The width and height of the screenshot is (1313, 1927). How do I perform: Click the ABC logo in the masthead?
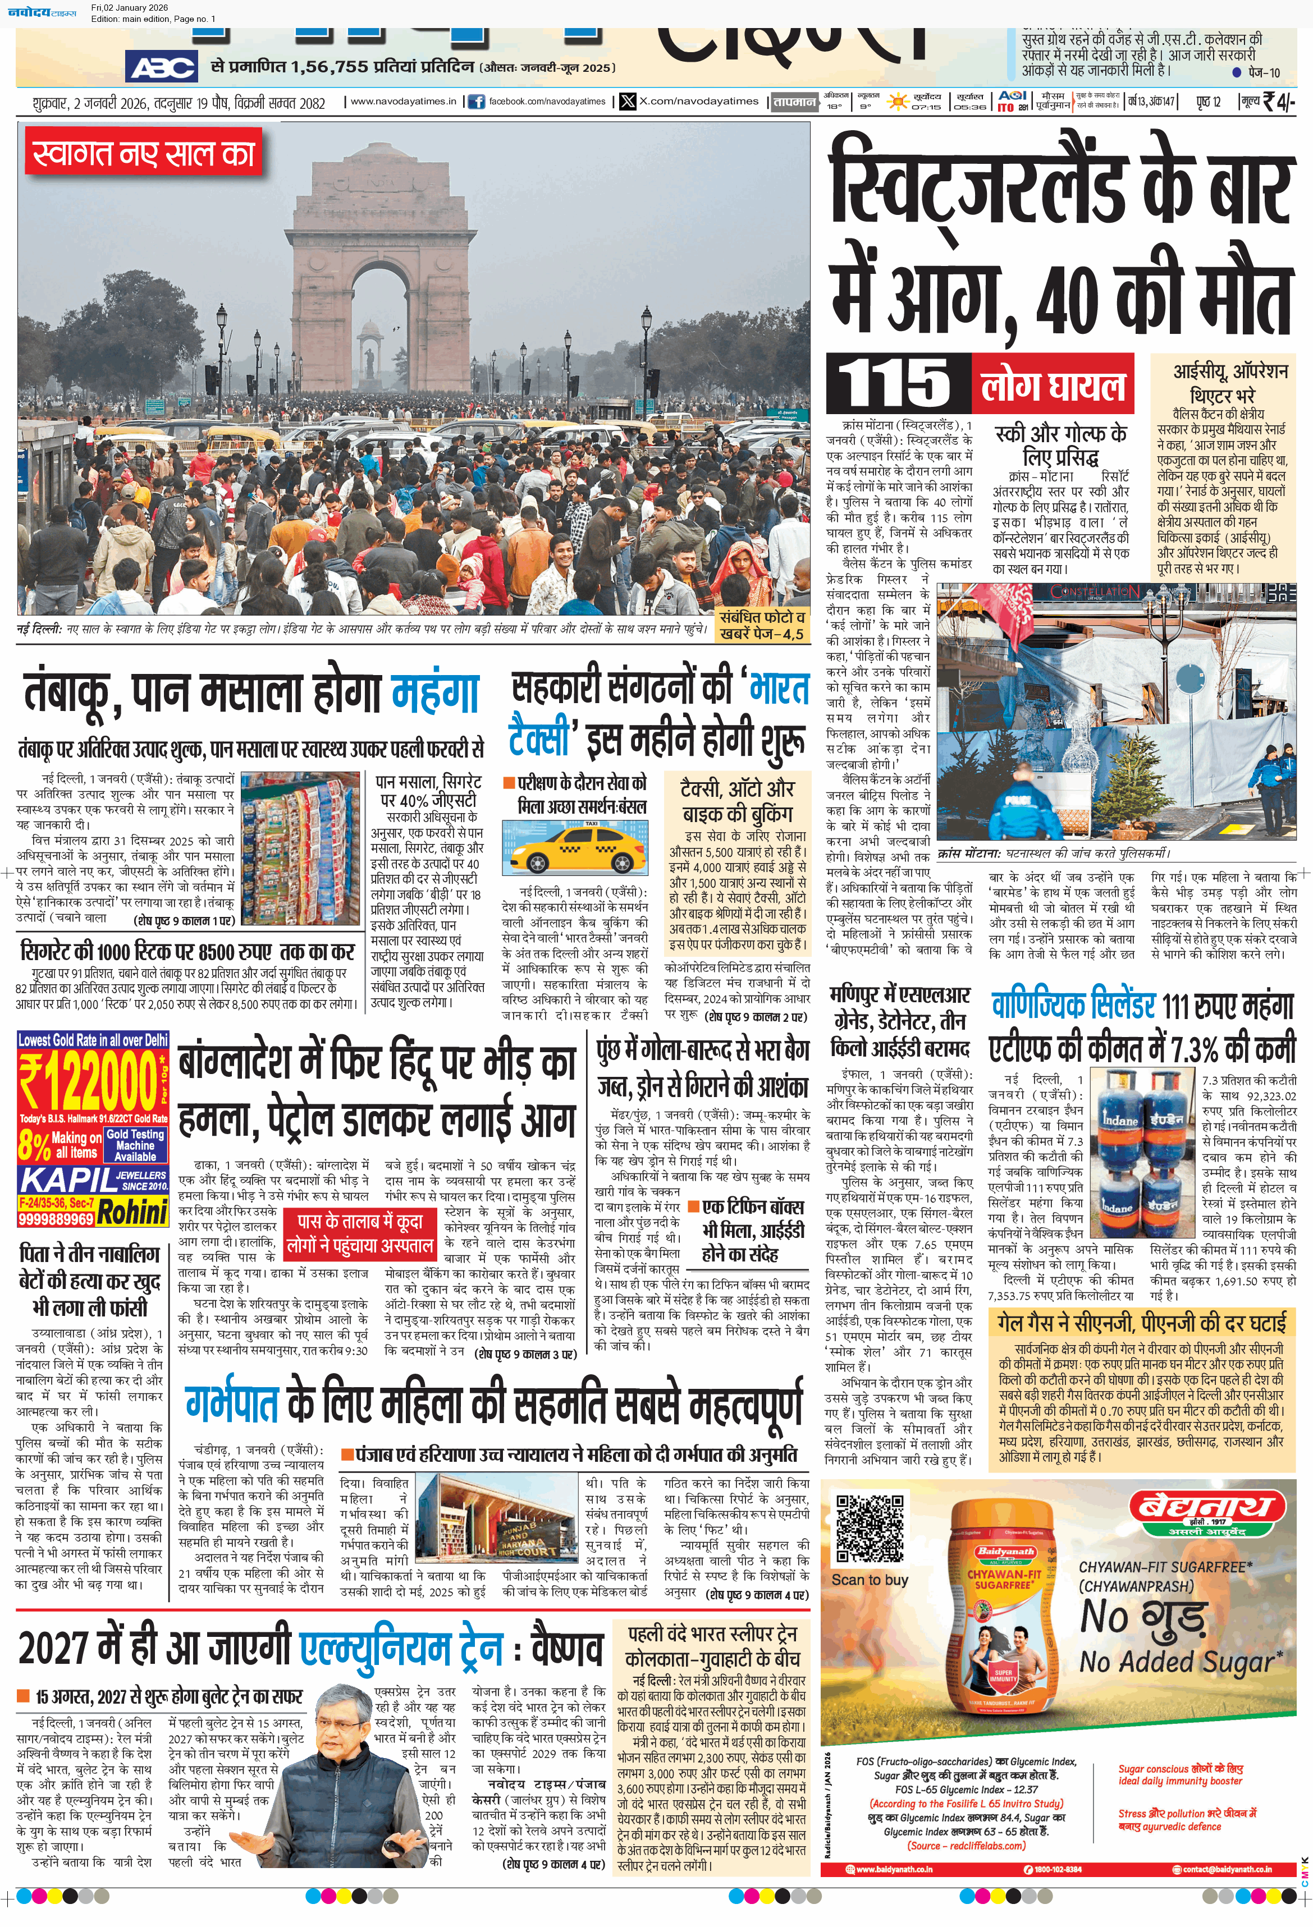click(x=162, y=66)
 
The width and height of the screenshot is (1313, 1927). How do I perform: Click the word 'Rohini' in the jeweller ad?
click(x=132, y=1212)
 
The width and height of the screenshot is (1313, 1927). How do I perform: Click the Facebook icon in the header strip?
click(x=476, y=102)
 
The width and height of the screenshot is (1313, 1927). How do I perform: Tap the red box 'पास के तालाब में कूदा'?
click(x=360, y=1232)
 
